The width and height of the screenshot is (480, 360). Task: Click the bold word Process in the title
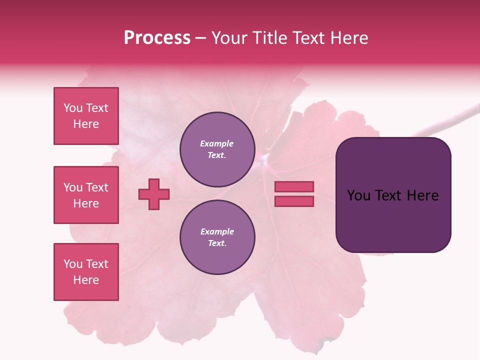click(157, 38)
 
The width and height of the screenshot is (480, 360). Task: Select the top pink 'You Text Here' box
click(86, 116)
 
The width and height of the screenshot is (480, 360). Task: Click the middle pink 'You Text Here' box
click(86, 195)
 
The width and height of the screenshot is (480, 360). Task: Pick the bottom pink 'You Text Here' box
click(86, 271)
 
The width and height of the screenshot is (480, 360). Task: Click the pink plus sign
click(154, 194)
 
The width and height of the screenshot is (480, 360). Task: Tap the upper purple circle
click(217, 149)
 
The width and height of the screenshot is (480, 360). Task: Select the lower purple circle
click(217, 237)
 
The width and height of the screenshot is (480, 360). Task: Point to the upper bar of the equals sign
click(294, 186)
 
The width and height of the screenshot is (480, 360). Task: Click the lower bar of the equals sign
click(294, 201)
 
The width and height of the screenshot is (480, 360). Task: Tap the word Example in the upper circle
click(216, 143)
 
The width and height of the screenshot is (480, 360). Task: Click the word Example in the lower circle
click(217, 231)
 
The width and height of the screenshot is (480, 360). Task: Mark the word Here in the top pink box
click(86, 124)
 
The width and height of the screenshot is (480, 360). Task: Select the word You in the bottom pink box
click(73, 264)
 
